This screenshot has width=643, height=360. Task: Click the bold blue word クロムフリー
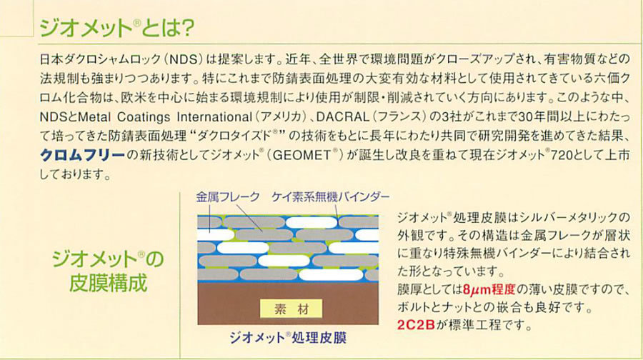[x=82, y=155]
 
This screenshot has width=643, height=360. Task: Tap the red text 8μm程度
[x=489, y=290]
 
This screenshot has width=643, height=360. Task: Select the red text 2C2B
[x=416, y=325]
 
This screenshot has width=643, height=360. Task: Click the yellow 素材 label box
[x=291, y=309]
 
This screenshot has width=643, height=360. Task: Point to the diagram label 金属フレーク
[x=228, y=197]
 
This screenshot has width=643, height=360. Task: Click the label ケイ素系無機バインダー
[x=331, y=197]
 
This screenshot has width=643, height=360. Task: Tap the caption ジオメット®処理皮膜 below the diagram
[x=288, y=337]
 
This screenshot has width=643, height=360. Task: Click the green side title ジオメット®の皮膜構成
[x=108, y=271]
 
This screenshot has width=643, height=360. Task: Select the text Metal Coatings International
[x=164, y=117]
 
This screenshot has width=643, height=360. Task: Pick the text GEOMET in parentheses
[x=301, y=155]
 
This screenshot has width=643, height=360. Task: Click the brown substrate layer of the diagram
[x=288, y=304]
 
